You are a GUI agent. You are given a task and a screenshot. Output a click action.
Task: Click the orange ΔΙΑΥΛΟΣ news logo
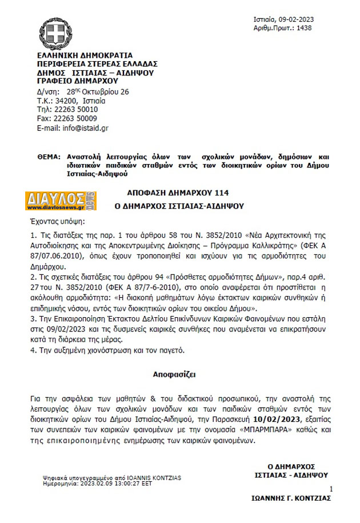(61, 201)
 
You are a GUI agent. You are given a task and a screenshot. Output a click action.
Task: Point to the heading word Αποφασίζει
(174, 375)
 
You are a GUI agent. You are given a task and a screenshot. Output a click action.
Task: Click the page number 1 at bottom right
(331, 489)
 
